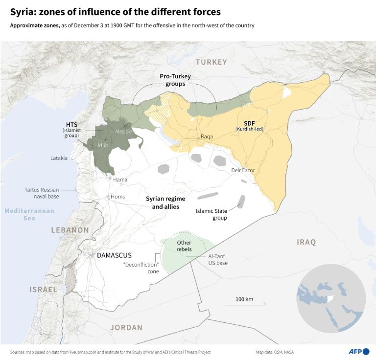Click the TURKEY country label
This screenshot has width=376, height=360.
(x=211, y=62)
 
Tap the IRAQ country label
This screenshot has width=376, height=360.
(x=306, y=242)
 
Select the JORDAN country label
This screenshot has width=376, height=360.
(x=126, y=327)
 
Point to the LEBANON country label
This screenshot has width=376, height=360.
(x=70, y=229)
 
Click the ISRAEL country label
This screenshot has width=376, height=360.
(x=43, y=290)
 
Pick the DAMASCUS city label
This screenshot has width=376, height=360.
(x=114, y=255)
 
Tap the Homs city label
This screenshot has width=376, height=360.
(x=117, y=197)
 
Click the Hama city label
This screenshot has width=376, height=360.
(x=120, y=180)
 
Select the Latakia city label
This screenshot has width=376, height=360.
(x=59, y=158)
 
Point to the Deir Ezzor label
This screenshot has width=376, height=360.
(x=243, y=170)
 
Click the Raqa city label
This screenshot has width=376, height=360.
(x=207, y=137)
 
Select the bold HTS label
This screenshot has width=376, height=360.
(x=72, y=124)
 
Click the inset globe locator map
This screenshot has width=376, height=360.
(x=330, y=298)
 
